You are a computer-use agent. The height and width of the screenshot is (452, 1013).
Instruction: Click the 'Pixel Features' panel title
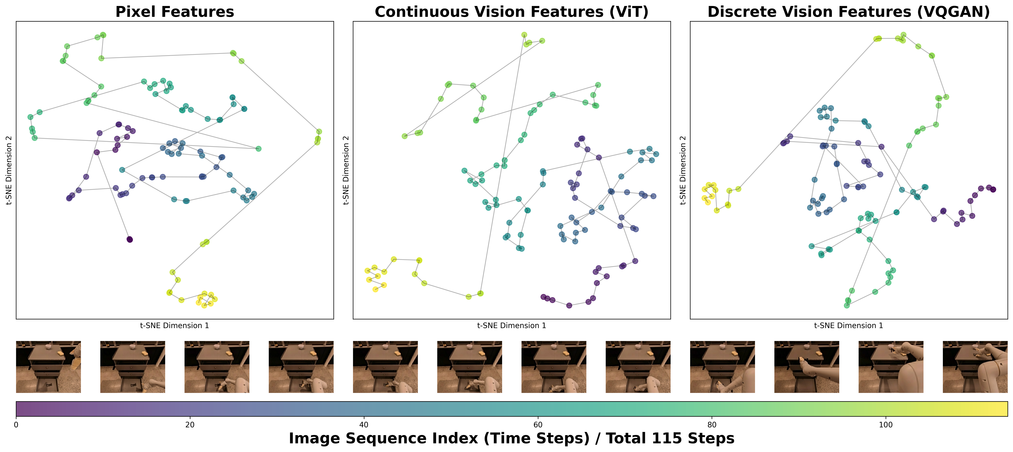[x=175, y=12]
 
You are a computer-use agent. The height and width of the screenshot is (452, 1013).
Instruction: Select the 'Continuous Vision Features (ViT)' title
[x=511, y=12]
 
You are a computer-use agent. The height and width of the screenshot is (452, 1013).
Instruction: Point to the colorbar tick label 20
[x=190, y=425]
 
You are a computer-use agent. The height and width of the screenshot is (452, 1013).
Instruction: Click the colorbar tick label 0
[x=16, y=425]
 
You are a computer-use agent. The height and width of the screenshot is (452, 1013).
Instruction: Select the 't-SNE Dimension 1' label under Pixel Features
[x=175, y=325]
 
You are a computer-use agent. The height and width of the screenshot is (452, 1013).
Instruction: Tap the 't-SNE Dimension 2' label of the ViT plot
[x=346, y=170]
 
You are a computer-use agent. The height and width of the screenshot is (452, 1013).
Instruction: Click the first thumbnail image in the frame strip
[x=48, y=367]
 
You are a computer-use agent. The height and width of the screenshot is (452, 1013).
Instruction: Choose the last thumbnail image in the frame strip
[x=975, y=367]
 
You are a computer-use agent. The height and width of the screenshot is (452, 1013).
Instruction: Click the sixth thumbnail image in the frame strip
[x=469, y=367]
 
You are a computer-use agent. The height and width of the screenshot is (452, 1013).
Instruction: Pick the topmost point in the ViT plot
[x=524, y=35]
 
